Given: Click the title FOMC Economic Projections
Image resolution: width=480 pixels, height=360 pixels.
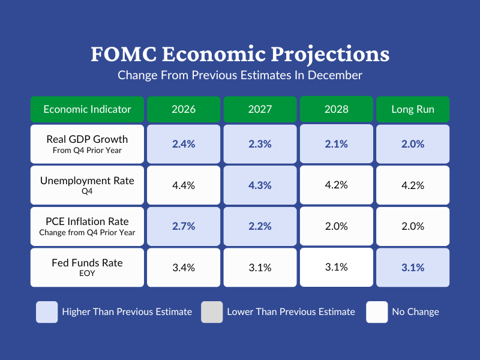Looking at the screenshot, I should point(240,55).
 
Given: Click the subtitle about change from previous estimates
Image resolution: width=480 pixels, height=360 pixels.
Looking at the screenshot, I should point(240,76).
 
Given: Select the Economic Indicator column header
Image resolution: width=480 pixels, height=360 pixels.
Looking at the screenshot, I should point(87,109).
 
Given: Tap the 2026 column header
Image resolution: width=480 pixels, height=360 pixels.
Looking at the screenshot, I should point(184,109).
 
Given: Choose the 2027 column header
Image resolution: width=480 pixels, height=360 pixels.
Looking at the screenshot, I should point(260,109).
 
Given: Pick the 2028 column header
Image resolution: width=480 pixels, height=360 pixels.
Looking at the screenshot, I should point(336,109).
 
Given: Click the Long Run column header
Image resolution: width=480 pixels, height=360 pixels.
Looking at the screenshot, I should point(413,109).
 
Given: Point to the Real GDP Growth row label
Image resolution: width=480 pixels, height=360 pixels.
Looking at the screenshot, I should point(87,144).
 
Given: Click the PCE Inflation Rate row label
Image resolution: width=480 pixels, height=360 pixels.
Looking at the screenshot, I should point(87,226).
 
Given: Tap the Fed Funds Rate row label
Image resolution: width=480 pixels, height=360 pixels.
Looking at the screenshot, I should point(87,267).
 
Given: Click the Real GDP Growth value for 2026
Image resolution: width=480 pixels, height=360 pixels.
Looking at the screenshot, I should point(184,144).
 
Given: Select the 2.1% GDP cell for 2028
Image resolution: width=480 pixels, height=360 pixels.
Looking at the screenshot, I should point(336,143).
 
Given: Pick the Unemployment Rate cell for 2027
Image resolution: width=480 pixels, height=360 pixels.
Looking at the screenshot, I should point(260,185).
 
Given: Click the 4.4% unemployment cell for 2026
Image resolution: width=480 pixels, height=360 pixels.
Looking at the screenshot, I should point(184,185).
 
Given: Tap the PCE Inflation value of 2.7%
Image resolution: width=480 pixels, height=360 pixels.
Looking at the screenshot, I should point(184,226).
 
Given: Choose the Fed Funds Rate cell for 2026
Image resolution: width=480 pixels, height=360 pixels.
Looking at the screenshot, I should point(184,268).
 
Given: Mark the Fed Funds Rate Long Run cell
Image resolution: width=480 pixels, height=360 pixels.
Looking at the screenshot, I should point(413,268).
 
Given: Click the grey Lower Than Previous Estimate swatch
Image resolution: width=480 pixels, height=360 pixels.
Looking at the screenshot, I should point(212,312).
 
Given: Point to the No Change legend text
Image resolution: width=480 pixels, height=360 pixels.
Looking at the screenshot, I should point(415,312).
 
